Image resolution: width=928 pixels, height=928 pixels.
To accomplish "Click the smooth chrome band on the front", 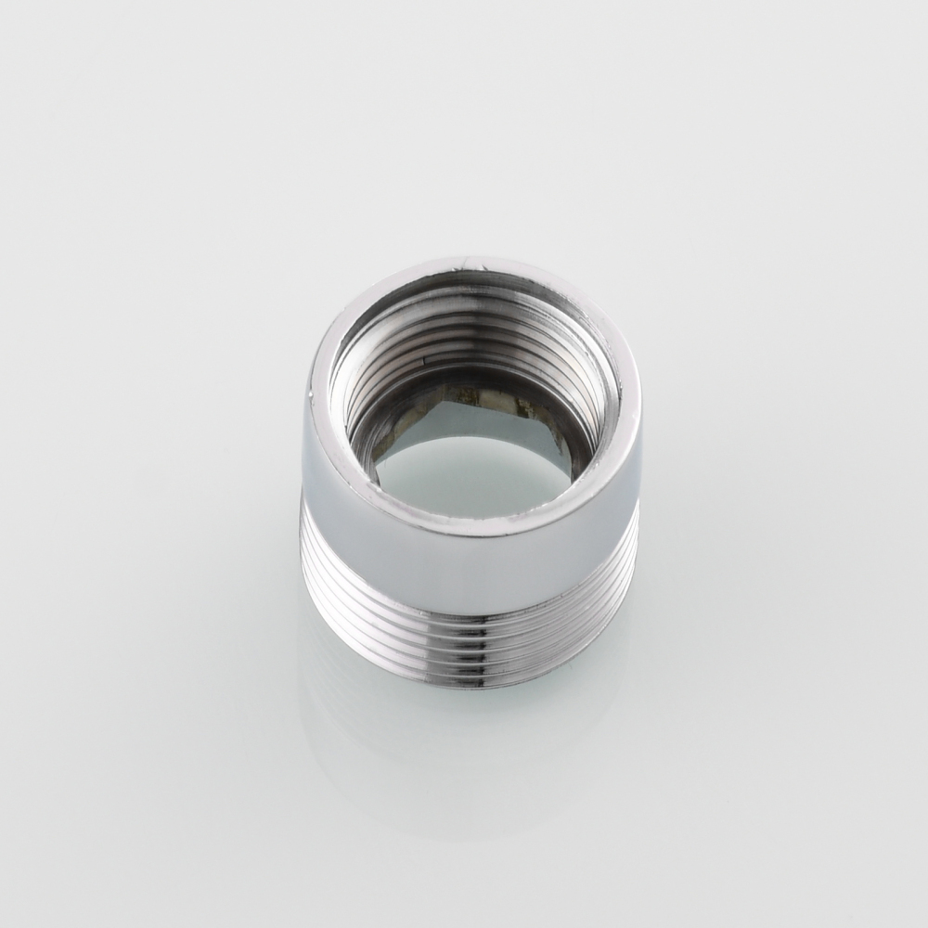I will click(469, 566).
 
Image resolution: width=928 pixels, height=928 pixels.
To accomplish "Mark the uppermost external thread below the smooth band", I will click(469, 608).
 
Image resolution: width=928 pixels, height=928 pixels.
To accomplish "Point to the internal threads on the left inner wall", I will click(357, 399).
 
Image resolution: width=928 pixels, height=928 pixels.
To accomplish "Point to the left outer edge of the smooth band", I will click(306, 464).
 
